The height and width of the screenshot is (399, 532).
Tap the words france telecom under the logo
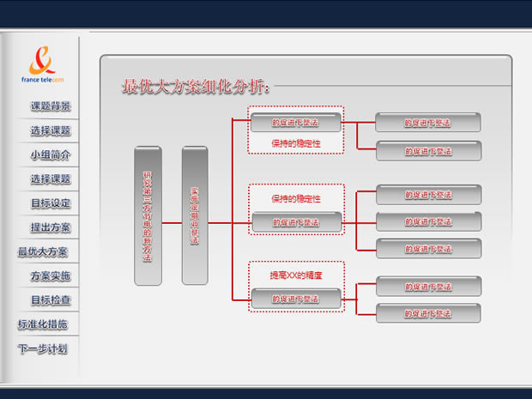[43, 79]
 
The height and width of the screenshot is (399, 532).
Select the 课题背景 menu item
[51, 107]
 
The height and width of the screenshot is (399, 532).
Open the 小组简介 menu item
[51, 155]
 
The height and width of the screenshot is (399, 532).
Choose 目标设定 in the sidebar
[51, 204]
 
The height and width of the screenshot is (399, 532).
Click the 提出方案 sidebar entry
[51, 228]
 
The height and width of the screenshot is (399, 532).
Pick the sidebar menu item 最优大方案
[44, 252]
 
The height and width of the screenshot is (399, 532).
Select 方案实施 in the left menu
[51, 276]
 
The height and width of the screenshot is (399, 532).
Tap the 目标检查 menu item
[51, 300]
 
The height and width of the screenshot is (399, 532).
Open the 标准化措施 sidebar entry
[44, 325]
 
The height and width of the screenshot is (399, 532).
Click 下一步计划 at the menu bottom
[44, 349]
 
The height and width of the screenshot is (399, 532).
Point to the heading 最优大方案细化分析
[197, 87]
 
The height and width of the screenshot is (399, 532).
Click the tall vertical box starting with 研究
[148, 215]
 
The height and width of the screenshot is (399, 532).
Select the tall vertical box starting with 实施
[194, 215]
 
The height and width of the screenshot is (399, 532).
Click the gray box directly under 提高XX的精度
[295, 299]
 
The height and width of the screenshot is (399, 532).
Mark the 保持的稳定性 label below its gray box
[295, 143]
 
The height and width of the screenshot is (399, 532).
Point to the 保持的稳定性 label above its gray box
[295, 198]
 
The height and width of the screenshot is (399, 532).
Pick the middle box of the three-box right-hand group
[428, 222]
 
